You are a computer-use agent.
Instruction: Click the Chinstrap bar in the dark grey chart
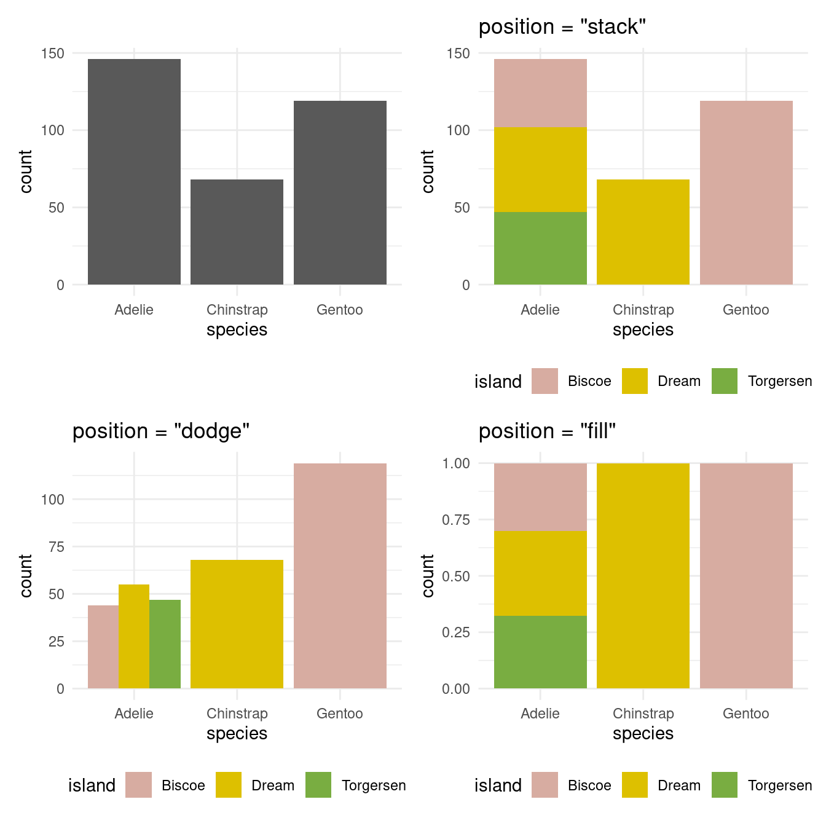pyautogui.click(x=237, y=232)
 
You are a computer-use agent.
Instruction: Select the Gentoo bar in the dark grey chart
pyautogui.click(x=340, y=192)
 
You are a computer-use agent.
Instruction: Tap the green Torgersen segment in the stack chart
pyautogui.click(x=540, y=248)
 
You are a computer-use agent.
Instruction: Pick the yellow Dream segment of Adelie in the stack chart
pyautogui.click(x=540, y=170)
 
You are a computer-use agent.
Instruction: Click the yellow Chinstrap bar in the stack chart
pyautogui.click(x=643, y=232)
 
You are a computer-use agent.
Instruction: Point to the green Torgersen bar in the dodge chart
pyautogui.click(x=165, y=644)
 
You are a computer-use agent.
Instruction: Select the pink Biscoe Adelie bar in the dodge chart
pyautogui.click(x=103, y=647)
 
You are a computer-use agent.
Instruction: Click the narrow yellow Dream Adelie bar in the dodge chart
pyautogui.click(x=134, y=636)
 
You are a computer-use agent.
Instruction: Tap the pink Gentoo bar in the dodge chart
pyautogui.click(x=340, y=576)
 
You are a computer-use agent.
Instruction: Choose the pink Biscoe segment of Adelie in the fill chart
pyautogui.click(x=540, y=497)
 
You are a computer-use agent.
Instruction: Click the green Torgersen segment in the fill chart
pyautogui.click(x=540, y=652)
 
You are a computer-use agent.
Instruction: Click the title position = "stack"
pyautogui.click(x=562, y=27)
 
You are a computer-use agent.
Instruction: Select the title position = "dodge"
pyautogui.click(x=161, y=431)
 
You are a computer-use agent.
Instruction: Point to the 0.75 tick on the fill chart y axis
pyautogui.click(x=456, y=520)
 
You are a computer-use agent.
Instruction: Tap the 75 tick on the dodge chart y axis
pyautogui.click(x=57, y=547)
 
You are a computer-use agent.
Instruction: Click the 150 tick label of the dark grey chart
pyautogui.click(x=53, y=53)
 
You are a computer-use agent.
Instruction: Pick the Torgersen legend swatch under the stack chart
pyautogui.click(x=725, y=381)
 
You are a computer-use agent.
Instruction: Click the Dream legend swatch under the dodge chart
pyautogui.click(x=229, y=785)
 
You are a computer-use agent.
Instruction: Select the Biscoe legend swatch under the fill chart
pyautogui.click(x=545, y=785)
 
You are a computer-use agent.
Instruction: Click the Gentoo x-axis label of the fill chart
pyautogui.click(x=745, y=714)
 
